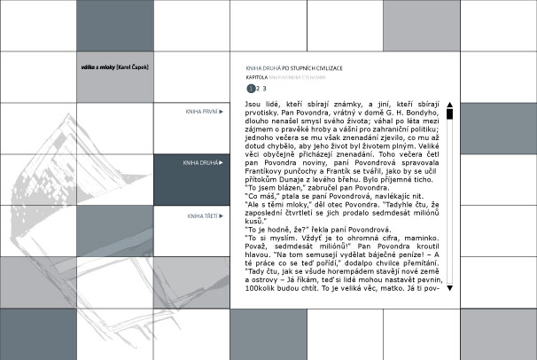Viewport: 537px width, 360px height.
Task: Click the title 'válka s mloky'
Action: [x=93, y=67]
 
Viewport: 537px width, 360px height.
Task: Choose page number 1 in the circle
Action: [x=251, y=89]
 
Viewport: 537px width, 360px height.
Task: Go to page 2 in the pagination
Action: [x=258, y=89]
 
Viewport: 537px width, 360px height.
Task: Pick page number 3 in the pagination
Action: [x=265, y=89]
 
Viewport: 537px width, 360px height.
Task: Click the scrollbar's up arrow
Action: [x=450, y=104]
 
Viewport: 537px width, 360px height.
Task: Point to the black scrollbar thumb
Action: [x=450, y=113]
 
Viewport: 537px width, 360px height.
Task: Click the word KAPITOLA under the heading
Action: [x=257, y=77]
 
